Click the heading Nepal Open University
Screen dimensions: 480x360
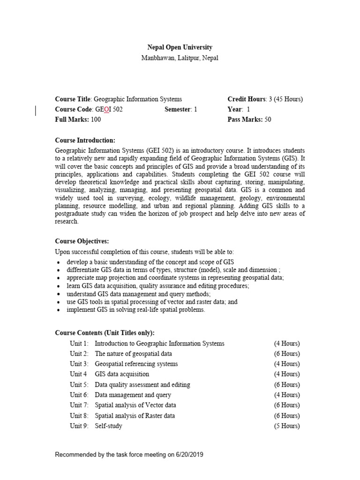tap(180, 47)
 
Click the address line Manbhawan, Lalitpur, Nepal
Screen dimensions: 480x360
tap(180, 58)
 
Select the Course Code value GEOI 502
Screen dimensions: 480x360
tap(109, 109)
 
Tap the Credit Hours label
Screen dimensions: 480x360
tap(247, 99)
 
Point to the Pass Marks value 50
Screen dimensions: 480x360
tap(268, 119)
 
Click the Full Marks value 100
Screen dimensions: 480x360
tap(96, 119)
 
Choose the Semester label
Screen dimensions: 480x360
tap(178, 109)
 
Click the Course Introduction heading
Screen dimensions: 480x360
tap(85, 140)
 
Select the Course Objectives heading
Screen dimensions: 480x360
tap(82, 241)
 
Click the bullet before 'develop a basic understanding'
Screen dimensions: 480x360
tap(58, 262)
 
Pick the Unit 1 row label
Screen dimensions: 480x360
tap(79, 344)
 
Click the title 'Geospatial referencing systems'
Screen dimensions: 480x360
tap(136, 364)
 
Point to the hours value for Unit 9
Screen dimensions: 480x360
tap(287, 426)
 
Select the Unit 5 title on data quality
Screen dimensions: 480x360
tap(142, 385)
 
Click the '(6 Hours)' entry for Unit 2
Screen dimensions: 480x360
tap(287, 354)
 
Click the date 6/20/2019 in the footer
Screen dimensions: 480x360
tap(189, 455)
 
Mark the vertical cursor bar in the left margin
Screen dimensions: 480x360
tap(37, 110)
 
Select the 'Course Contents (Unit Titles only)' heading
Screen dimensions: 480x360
tap(105, 333)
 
